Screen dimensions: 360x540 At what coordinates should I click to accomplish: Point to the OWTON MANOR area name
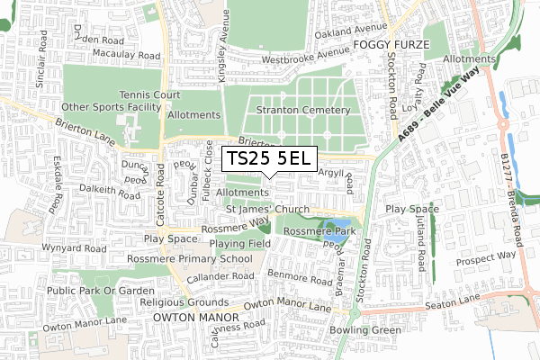192,318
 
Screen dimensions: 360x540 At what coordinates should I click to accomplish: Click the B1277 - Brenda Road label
508,196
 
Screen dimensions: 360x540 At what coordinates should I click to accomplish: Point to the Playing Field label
240,243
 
